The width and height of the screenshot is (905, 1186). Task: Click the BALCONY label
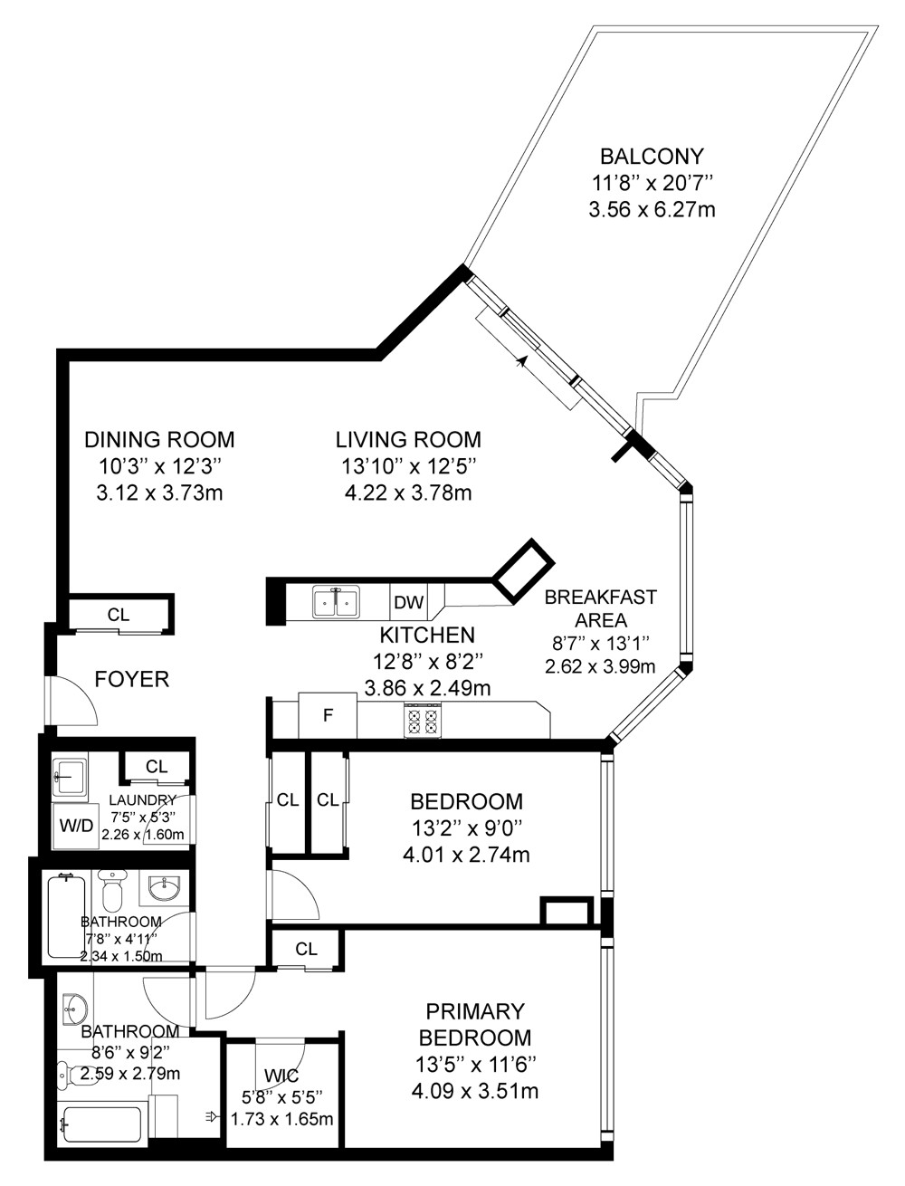[x=652, y=156]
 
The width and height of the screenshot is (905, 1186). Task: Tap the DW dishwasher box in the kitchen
[x=409, y=601]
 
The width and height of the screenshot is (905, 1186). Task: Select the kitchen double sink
[x=336, y=602]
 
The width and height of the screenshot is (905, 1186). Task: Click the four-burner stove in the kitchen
[x=423, y=721]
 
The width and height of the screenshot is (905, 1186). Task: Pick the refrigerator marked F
[x=328, y=715]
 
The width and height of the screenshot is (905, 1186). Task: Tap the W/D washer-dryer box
[x=76, y=826]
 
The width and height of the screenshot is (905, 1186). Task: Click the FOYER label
[x=132, y=679]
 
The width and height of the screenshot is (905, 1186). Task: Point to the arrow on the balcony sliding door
[x=521, y=361]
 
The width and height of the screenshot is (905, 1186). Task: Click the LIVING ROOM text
[x=408, y=440]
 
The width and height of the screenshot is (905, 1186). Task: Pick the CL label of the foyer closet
[x=119, y=615]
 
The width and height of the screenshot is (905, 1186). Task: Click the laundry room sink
[x=69, y=777]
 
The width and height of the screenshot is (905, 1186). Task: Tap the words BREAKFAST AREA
[x=600, y=608]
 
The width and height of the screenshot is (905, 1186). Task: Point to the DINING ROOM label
[x=160, y=440]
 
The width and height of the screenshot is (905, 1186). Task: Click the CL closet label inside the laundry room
[x=157, y=766]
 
